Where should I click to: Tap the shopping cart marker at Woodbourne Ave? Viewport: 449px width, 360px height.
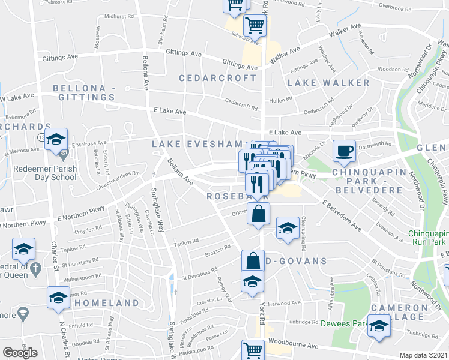253,350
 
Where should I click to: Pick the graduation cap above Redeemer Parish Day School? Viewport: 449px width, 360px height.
56,140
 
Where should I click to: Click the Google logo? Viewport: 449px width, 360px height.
20,353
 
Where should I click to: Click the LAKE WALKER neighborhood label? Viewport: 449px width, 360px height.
328,82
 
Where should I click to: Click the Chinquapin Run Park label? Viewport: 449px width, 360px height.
428,238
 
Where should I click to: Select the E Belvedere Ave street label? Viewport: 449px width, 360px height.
340,215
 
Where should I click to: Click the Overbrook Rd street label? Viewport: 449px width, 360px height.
393,7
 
